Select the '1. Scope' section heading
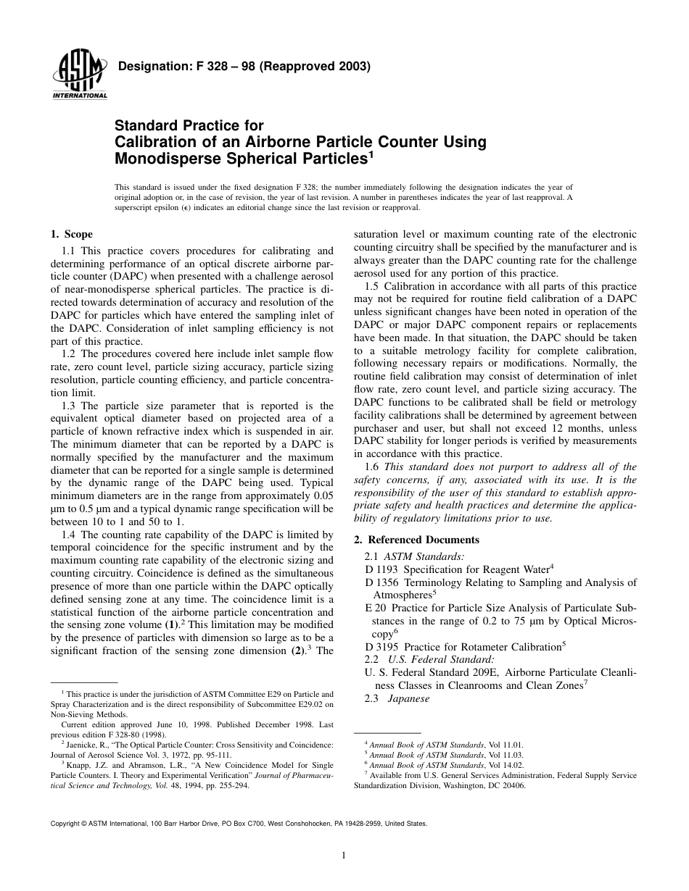point(71,234)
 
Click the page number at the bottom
point(344,855)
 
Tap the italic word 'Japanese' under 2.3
point(408,699)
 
